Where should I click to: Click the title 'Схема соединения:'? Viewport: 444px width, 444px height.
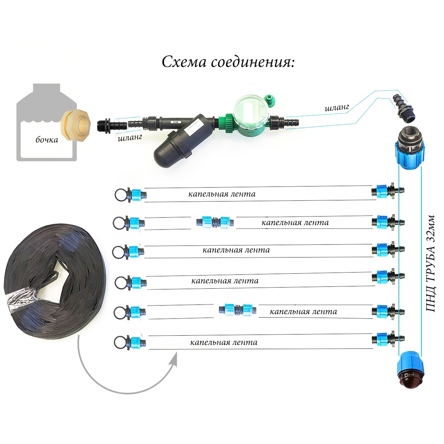(228, 62)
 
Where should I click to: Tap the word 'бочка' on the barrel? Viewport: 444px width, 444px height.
(47, 140)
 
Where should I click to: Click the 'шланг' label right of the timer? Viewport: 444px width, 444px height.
(337, 108)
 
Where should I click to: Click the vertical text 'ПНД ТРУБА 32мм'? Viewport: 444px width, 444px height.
(431, 263)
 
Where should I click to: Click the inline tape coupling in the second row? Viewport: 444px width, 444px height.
(215, 222)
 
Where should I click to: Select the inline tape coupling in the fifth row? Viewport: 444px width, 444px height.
(238, 310)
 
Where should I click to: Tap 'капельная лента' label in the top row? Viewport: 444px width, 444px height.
(222, 194)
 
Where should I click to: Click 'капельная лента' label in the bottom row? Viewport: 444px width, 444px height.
(224, 343)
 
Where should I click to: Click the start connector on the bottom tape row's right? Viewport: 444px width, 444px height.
(387, 339)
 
